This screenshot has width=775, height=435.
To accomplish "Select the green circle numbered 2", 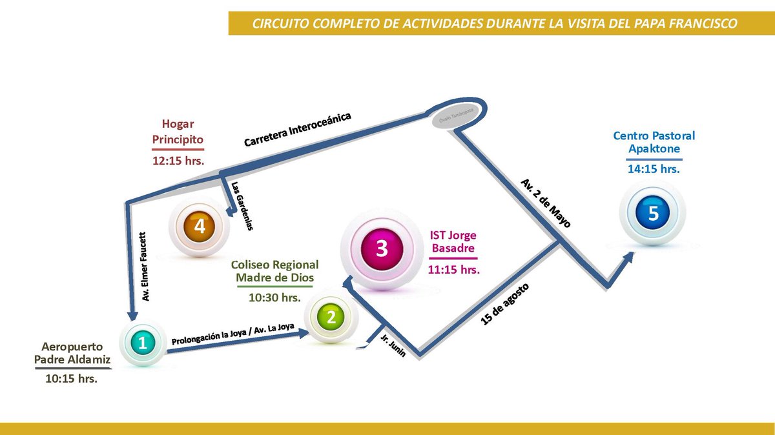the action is [x=331, y=317].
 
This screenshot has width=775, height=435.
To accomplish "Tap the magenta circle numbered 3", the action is [x=381, y=249].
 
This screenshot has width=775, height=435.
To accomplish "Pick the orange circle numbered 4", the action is [x=199, y=227].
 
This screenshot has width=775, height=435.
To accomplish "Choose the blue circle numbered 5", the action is [x=653, y=213].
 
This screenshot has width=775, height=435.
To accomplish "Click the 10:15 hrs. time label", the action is [x=71, y=379].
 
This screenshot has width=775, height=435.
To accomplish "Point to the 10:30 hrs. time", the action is [x=275, y=298].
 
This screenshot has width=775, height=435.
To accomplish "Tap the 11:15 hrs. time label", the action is [x=453, y=269].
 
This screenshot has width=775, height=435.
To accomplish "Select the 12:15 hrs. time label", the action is [x=178, y=161].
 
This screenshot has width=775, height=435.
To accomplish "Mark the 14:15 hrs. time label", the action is [x=654, y=169].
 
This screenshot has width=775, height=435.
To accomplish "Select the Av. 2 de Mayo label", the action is [x=546, y=203].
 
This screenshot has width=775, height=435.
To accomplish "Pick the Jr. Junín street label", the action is [x=393, y=344].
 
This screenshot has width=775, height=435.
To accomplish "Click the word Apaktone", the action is [x=654, y=148].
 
